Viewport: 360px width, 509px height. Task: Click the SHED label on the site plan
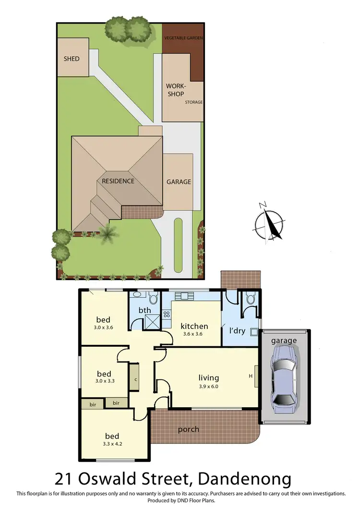71,59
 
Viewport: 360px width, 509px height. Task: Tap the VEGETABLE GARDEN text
184,37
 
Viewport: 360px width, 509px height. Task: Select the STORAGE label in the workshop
194,102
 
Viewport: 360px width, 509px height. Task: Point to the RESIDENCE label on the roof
118,181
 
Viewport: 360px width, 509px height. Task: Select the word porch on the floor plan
189,429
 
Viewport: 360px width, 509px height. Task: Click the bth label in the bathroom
144,310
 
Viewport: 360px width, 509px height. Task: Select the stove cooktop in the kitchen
167,315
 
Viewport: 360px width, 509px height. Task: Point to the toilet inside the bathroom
154,299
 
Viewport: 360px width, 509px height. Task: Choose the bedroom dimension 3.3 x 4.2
112,444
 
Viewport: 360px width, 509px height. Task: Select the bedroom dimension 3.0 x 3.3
104,382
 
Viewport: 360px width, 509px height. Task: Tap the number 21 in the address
65,479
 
